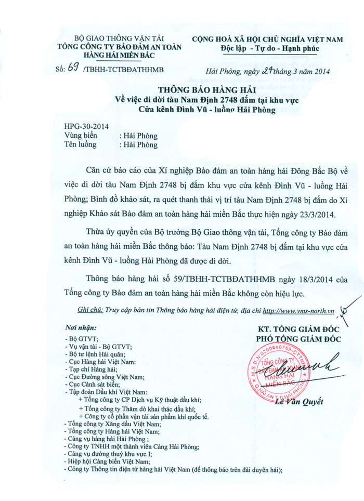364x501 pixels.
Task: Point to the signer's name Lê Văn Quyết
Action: [x=301, y=401]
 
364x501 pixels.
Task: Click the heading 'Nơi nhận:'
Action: [x=80, y=328]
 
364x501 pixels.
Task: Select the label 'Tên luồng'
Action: [x=80, y=144]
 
